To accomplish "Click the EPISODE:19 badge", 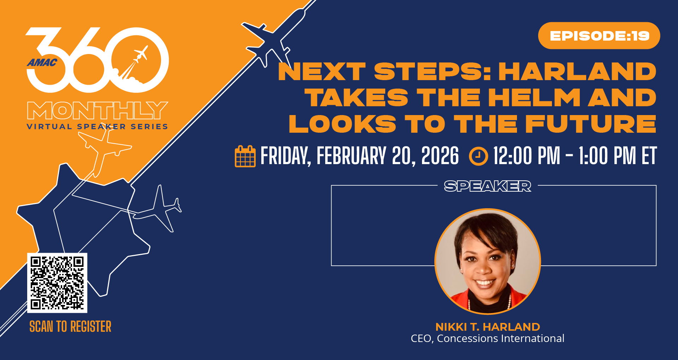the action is (599, 36).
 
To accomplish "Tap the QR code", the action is (57, 283).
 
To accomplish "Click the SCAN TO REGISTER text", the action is (70, 326).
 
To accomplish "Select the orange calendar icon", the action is (245, 156).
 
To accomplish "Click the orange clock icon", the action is (478, 156).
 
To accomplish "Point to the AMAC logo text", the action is (42, 63).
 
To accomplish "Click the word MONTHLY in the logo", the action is (97, 110).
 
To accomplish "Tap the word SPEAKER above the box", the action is (487, 186).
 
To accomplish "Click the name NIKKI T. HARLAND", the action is (488, 327).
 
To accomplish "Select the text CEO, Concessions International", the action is (488, 338).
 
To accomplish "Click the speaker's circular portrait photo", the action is (488, 261).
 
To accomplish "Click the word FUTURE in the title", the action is (591, 124).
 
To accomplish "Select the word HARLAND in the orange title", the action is (577, 72).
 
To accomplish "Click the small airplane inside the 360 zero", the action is (141, 54).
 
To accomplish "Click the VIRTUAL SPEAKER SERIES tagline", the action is (97, 127).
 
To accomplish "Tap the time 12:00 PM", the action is (527, 156).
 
